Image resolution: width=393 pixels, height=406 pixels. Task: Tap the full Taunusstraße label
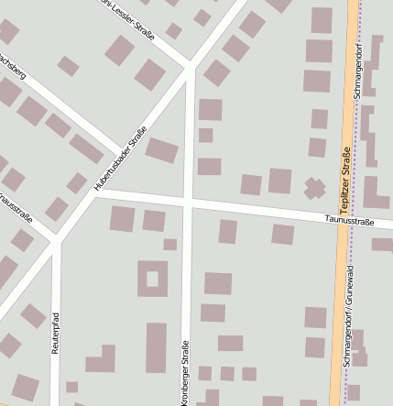pyautogui.click(x=350, y=221)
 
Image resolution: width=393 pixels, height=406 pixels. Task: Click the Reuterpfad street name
pyautogui.click(x=56, y=336)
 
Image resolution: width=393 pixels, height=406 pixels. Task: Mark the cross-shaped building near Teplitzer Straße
pyautogui.click(x=314, y=189)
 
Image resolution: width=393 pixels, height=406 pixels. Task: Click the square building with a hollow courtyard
pyautogui.click(x=152, y=279)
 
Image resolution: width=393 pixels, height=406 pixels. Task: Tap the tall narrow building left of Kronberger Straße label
pyautogui.click(x=157, y=347)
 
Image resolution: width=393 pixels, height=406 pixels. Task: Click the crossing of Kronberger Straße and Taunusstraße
pyautogui.click(x=187, y=200)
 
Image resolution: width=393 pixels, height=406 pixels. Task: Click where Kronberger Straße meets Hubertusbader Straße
pyautogui.click(x=190, y=66)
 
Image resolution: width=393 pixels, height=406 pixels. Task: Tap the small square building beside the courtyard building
pyautogui.click(x=169, y=245)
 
